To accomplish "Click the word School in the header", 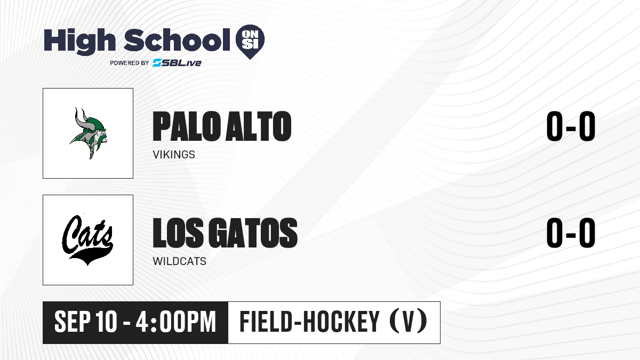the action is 177,40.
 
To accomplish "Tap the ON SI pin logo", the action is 250,42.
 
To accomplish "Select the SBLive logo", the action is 177,62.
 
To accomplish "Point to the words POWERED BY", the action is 130,63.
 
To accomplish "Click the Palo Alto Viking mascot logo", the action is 89,133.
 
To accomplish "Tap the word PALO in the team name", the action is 187,126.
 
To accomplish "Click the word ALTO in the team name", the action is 258,126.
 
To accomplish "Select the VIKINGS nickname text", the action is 174,155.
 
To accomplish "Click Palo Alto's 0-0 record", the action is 571,126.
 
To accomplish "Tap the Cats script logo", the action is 87,239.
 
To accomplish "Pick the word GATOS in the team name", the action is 253,233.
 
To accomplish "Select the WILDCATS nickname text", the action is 179,261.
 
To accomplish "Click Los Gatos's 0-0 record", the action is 571,233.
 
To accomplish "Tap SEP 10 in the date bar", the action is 86,322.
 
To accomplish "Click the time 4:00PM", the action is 175,322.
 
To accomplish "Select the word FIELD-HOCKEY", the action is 309,322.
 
